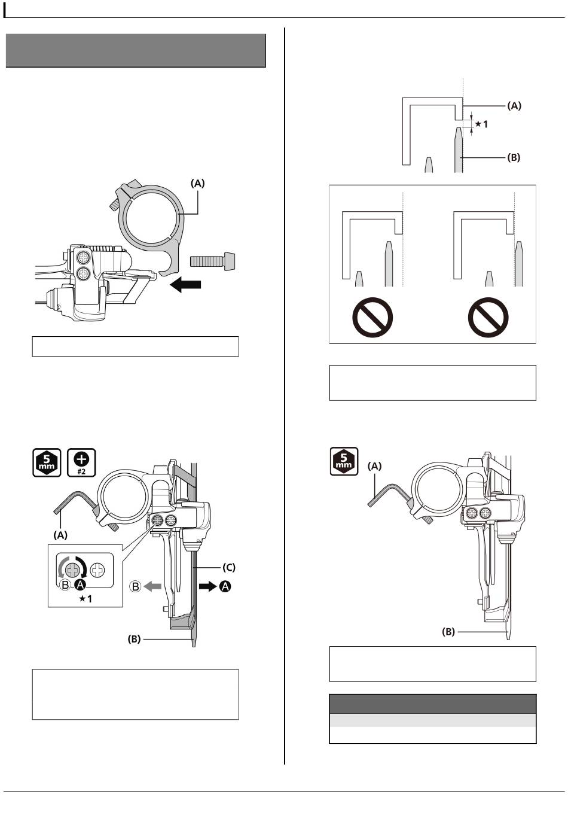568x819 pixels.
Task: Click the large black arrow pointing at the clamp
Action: coord(186,284)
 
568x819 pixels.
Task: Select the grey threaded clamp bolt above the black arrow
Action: coord(213,261)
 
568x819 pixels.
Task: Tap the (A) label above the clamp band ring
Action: coord(198,183)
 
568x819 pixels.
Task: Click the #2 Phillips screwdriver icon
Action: coord(81,462)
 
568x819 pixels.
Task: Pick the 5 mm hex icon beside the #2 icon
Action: coord(47,462)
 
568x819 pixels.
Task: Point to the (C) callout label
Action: coord(229,568)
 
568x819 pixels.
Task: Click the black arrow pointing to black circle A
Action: coord(207,586)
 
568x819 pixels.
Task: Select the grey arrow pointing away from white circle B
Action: coord(152,586)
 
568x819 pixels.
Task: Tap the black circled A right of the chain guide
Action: coord(225,586)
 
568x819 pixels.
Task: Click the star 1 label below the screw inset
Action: coord(85,598)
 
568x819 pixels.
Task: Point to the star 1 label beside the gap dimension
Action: coord(481,124)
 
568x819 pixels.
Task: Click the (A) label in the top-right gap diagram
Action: coord(514,106)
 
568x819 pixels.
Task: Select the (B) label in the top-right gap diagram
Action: coord(514,157)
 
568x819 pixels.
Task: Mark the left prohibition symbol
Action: coord(372,317)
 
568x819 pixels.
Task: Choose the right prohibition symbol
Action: coord(488,317)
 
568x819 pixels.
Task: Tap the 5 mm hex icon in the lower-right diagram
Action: coord(344,461)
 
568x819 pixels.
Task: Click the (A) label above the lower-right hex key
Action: coord(375,466)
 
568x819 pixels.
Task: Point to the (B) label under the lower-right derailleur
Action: coord(448,631)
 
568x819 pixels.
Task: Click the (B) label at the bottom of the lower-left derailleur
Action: coord(134,639)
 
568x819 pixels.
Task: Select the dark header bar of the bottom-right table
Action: coord(433,704)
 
